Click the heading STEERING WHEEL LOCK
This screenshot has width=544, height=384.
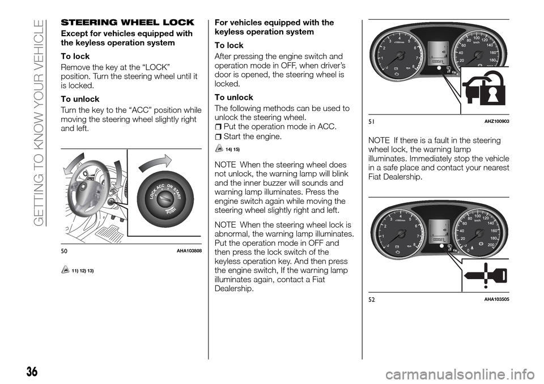point(128,23)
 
